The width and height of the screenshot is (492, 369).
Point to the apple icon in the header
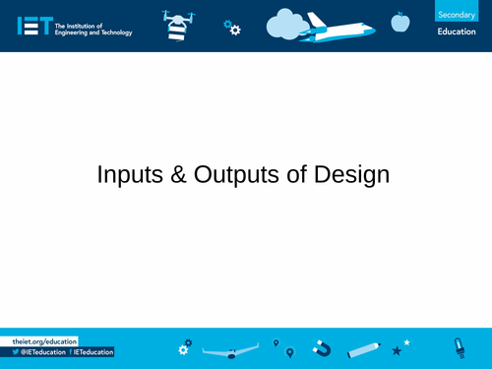click(x=400, y=21)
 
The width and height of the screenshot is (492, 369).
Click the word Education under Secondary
click(x=457, y=32)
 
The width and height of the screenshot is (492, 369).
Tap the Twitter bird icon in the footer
click(x=16, y=352)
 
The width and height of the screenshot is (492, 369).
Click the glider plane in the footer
click(x=228, y=352)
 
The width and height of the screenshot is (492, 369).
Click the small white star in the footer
click(x=407, y=341)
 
